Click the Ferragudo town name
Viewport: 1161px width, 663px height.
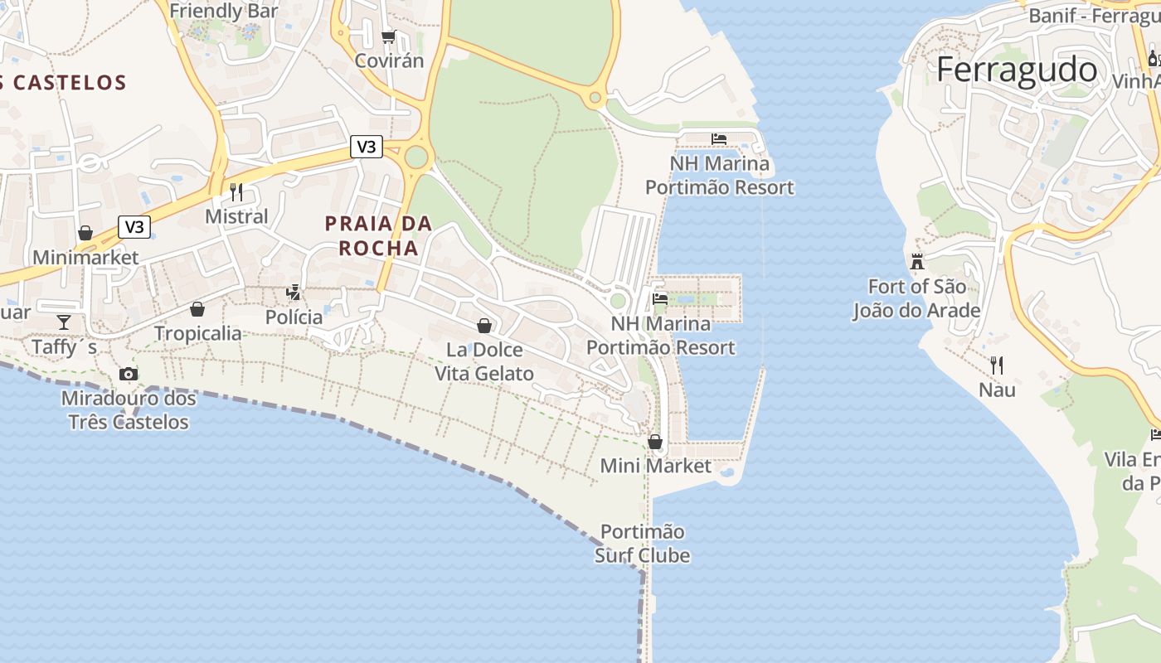tap(1017, 70)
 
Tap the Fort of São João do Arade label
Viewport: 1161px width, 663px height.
tap(916, 298)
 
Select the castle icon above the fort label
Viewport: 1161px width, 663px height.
tap(917, 262)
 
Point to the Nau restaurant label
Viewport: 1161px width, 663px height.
tap(997, 390)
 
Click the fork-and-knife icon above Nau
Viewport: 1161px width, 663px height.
tap(997, 365)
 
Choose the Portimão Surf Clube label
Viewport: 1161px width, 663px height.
tap(643, 543)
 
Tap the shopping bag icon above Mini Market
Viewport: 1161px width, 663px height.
tap(655, 442)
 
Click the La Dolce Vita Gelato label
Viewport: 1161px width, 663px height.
tap(484, 361)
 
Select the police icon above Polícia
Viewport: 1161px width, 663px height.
tap(293, 292)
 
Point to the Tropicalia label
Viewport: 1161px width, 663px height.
tap(198, 333)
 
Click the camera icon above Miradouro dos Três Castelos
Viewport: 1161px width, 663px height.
tap(128, 374)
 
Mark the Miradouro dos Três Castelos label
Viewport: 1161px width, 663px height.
tap(129, 410)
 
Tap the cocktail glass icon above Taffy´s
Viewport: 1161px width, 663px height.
tap(64, 322)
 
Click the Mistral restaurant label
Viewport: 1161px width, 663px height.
tap(236, 216)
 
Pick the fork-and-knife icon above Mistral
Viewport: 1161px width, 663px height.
tap(236, 192)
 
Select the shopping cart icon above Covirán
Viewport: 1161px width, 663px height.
tap(388, 36)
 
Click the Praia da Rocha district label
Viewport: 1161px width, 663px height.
tap(378, 235)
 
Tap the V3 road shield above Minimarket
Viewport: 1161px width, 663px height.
tap(134, 227)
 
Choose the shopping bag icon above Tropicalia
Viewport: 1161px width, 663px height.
tap(197, 309)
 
